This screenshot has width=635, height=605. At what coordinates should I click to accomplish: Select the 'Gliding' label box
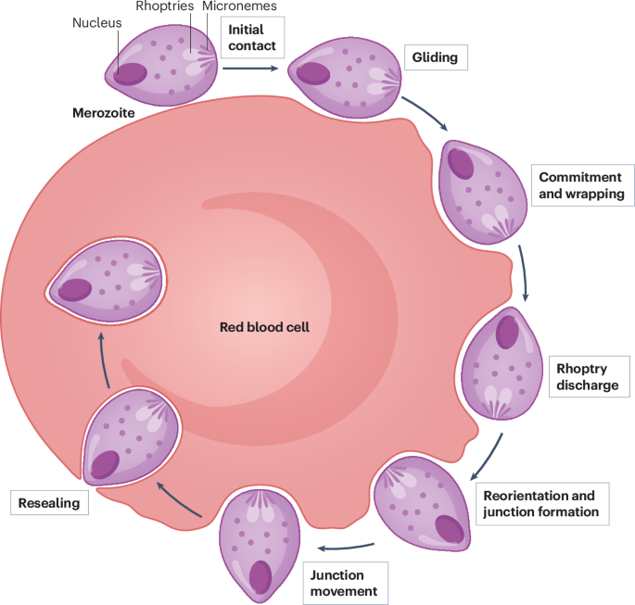(x=435, y=58)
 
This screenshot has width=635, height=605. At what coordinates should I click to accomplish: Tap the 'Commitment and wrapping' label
(x=581, y=185)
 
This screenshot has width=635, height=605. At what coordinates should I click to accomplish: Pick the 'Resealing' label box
(x=44, y=503)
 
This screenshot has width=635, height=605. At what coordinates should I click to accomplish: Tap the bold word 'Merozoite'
(x=104, y=112)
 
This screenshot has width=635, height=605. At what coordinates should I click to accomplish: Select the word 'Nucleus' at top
(x=96, y=22)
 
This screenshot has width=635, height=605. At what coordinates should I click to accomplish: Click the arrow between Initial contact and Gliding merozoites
(x=249, y=67)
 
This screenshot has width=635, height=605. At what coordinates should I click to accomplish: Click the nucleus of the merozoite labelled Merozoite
(x=129, y=73)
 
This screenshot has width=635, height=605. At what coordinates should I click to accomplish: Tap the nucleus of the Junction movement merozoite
(x=260, y=575)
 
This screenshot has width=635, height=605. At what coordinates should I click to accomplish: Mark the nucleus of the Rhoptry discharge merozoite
(x=506, y=333)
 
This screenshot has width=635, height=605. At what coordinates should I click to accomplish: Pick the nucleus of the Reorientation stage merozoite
(x=449, y=528)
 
